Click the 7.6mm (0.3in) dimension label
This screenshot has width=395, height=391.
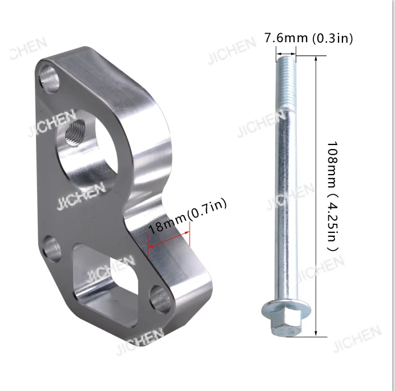[x=308, y=38]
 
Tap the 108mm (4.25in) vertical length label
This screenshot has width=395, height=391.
[x=333, y=196]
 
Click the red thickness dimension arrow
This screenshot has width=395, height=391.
[x=169, y=240]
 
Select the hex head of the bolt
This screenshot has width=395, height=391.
[x=286, y=324]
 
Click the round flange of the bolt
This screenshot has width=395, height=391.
[x=286, y=309]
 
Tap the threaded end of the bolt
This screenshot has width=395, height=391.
[x=286, y=83]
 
